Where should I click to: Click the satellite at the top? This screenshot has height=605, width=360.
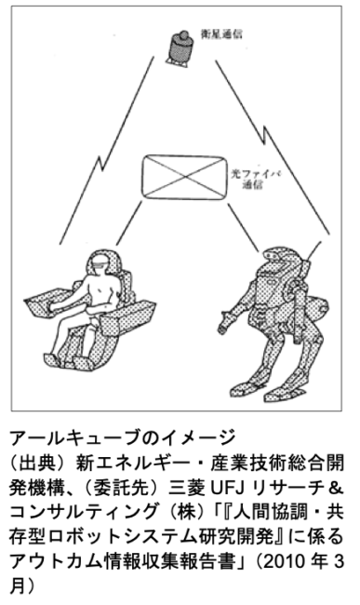point(180,48)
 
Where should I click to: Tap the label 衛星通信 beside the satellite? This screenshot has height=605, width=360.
point(221,34)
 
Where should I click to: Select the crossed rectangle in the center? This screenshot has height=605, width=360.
point(183,176)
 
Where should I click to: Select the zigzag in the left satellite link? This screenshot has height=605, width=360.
point(101,162)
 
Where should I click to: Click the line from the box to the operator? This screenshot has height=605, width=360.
point(129,223)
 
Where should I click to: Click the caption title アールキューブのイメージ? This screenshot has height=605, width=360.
point(123,438)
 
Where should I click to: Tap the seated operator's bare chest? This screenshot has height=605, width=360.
point(101,287)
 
